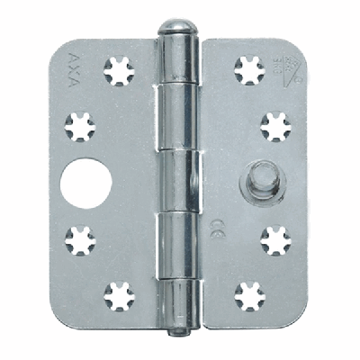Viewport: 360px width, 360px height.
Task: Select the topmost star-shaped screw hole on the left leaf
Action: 119,70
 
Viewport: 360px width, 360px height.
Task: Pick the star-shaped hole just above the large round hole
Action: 81,125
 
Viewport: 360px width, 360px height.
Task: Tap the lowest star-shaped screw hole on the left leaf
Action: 118,295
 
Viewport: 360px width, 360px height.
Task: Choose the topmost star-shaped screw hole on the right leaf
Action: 249,70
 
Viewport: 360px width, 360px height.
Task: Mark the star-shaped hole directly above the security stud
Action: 277,126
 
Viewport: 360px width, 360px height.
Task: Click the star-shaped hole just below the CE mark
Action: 277,240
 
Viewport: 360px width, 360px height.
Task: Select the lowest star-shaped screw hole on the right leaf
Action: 249,296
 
